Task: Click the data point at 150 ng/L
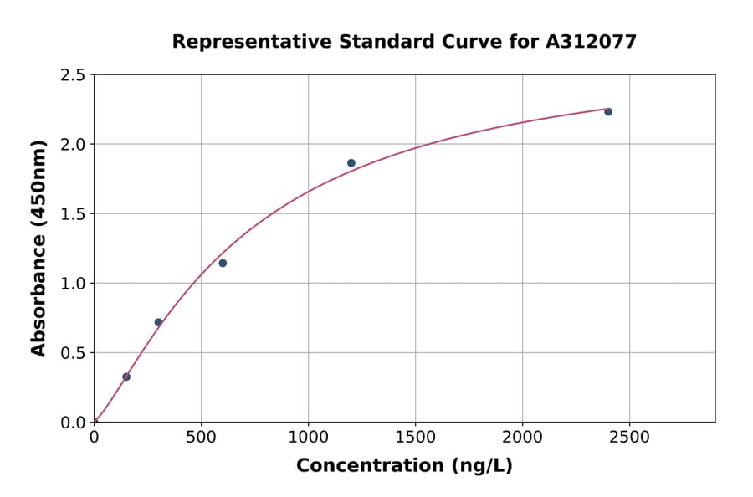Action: [126, 377]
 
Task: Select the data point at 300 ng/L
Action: [158, 322]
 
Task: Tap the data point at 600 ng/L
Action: [223, 263]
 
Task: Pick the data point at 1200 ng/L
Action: [351, 163]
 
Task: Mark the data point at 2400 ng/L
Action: [608, 111]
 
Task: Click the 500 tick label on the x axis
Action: [201, 437]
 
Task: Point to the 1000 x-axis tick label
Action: [308, 437]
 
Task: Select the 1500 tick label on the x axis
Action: [415, 437]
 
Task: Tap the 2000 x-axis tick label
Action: [522, 437]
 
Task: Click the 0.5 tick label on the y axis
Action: [74, 353]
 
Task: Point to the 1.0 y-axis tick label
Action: [74, 284]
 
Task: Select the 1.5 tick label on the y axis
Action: [74, 214]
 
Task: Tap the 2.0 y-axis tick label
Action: [74, 145]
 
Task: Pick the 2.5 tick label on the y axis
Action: [74, 75]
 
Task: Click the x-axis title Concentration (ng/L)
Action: [404, 465]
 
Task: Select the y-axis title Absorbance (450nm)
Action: [38, 248]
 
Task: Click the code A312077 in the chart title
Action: [592, 41]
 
